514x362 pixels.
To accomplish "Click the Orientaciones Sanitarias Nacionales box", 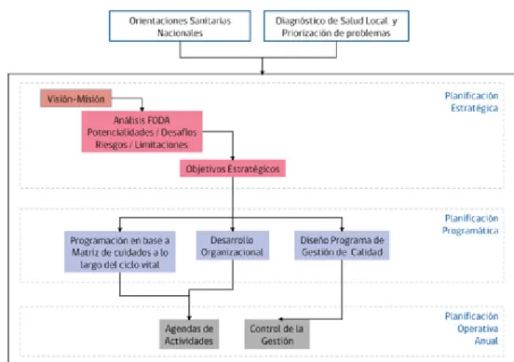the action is coord(180,26).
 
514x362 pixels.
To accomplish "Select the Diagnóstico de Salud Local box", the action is coord(336,26).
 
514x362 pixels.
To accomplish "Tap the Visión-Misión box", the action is coord(76,99).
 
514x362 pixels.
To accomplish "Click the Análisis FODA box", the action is coord(142,132).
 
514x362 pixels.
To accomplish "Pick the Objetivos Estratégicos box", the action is coord(233,168).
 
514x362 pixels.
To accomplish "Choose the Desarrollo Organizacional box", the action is coord(233,246).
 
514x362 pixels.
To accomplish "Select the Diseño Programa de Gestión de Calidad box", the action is coord(342,246).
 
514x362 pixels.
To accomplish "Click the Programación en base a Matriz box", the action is coord(120,251).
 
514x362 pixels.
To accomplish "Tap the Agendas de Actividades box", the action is coord(189,334).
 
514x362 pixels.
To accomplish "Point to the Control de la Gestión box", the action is coord(277,334).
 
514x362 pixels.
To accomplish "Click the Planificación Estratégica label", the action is coord(471,101).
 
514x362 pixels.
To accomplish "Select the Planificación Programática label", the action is coord(470,224).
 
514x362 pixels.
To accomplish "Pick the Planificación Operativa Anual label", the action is coord(471,328).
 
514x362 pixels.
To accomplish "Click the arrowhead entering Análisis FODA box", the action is coord(142,109).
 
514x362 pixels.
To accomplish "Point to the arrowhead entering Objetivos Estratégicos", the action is coord(233,157).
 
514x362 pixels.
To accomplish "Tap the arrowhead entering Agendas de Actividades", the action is coord(189,317).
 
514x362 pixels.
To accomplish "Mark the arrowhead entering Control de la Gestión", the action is coord(280,319).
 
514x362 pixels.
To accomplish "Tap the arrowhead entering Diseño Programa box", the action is coord(342,229).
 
